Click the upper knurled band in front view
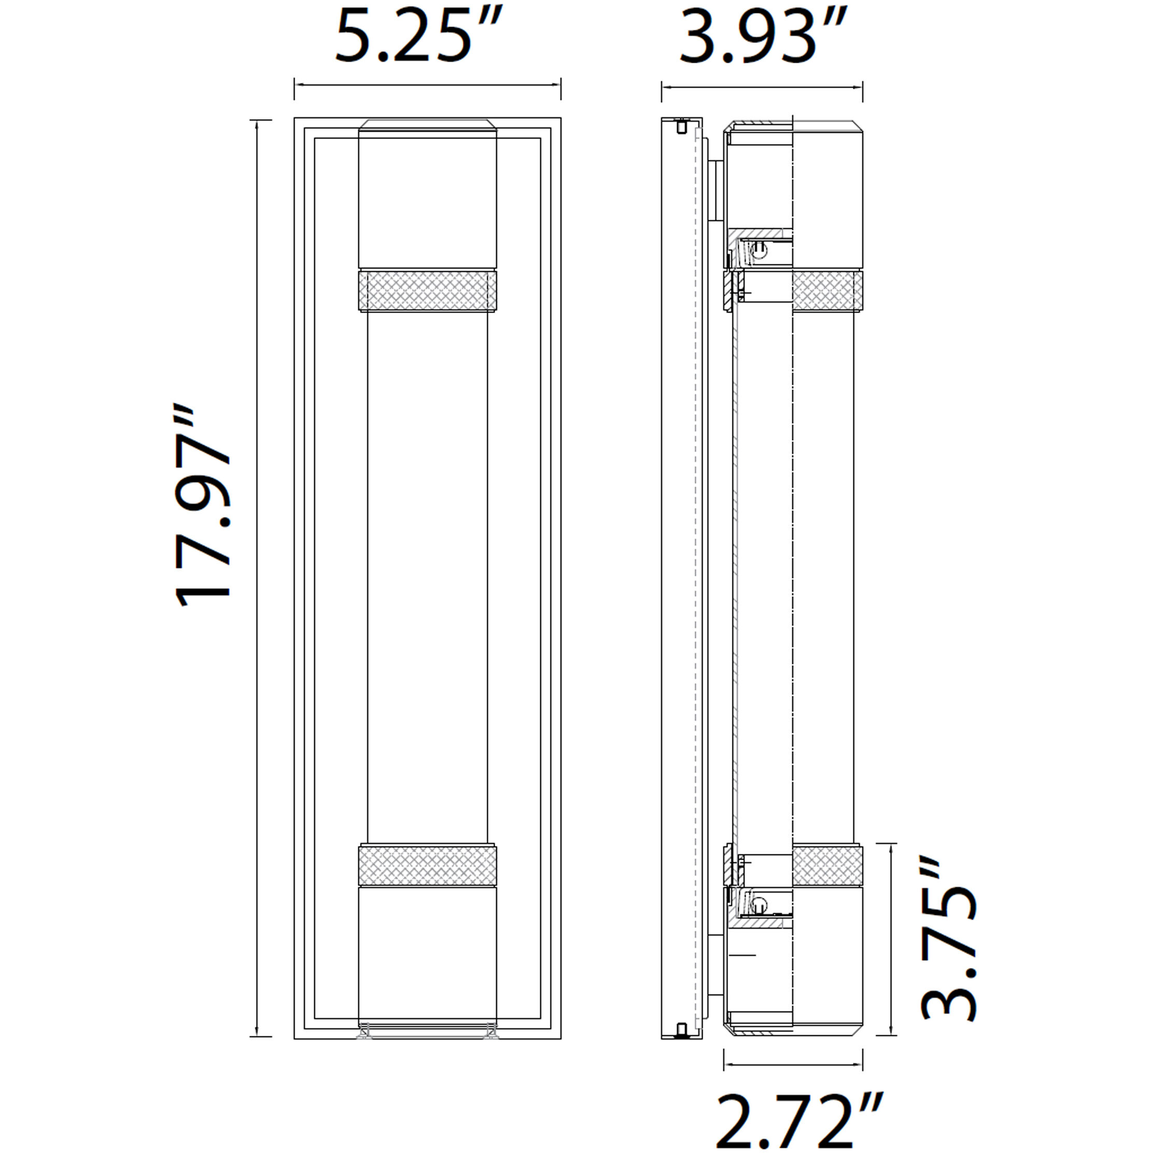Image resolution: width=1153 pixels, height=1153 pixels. coord(427,291)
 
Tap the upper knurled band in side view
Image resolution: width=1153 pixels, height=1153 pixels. coord(827,291)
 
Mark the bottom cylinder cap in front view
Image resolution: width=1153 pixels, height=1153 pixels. coord(427,958)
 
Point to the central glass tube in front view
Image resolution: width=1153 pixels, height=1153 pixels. coord(427,576)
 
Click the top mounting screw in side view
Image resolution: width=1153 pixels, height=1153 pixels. coord(682,127)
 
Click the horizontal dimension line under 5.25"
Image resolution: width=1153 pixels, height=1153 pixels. coord(427,85)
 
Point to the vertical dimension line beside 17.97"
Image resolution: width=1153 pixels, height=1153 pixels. coord(257,576)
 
